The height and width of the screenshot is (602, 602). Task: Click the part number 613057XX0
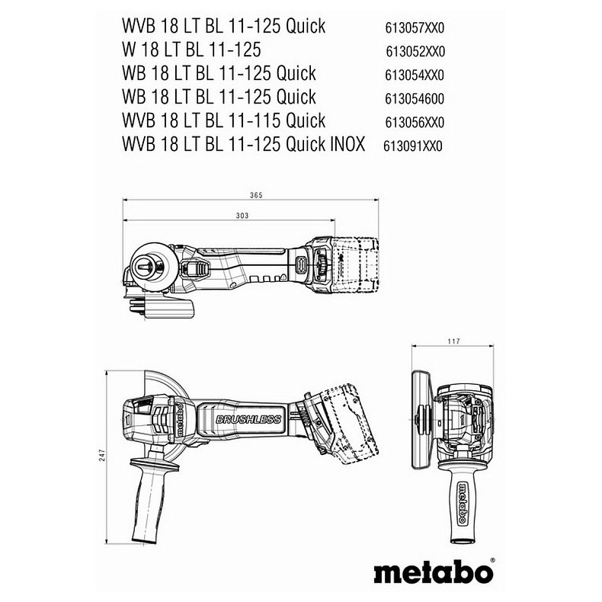415,28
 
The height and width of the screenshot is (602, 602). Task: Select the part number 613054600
415,98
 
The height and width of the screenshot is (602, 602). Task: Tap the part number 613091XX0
413,146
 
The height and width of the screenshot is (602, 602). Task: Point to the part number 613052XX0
415,52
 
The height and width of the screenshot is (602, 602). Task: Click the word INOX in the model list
347,144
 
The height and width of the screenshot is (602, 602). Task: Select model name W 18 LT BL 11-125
191,50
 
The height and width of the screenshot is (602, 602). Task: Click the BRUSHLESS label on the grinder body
248,420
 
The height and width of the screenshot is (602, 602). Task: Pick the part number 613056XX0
415,122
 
